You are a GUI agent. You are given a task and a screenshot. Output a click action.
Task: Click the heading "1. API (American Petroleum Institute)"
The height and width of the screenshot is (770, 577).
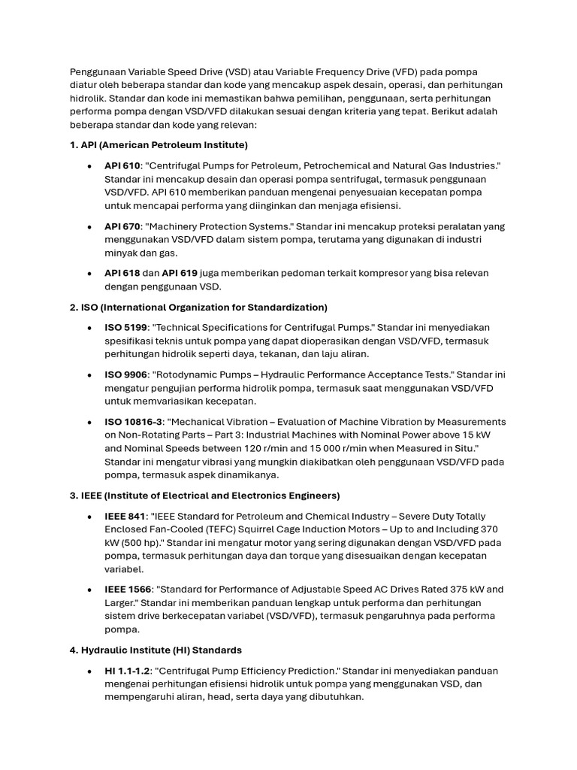[x=159, y=144]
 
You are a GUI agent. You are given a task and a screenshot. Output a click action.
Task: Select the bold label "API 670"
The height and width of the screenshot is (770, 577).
[x=123, y=226]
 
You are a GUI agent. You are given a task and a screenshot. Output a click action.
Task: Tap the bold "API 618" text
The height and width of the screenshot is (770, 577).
[x=122, y=273]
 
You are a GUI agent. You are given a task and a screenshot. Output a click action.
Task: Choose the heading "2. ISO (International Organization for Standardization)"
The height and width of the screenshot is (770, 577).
[x=198, y=307]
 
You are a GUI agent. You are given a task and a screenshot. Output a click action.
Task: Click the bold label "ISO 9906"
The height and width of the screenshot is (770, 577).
[x=124, y=374]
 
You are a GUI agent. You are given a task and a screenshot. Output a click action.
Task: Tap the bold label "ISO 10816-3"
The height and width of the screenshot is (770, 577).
[x=133, y=421]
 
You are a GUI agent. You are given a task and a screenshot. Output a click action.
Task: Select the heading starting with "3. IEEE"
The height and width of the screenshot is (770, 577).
[x=204, y=496]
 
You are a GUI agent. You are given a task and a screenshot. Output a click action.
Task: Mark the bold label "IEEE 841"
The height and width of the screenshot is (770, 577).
[x=125, y=516]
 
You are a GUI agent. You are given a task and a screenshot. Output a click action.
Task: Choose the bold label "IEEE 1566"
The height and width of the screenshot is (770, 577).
[x=128, y=590]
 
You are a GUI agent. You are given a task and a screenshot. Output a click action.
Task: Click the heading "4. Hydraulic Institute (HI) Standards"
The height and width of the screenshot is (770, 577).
[x=156, y=650]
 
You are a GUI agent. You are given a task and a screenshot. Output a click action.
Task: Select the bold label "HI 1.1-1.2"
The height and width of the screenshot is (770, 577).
[x=128, y=670]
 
